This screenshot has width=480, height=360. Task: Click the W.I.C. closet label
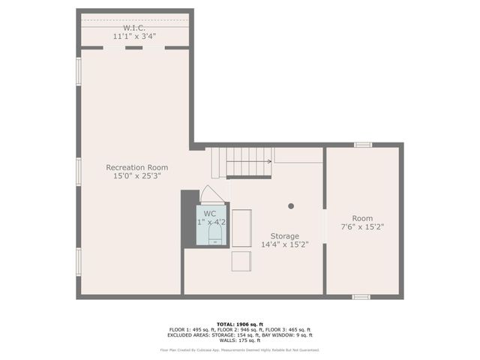(x=135, y=27)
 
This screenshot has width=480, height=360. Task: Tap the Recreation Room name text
(x=136, y=167)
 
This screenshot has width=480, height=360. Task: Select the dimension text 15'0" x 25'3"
(x=136, y=176)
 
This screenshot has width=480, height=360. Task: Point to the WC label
(x=210, y=214)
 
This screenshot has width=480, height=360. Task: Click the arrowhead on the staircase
(x=269, y=160)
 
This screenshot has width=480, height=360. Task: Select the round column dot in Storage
(x=291, y=205)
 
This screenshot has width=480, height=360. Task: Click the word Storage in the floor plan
(x=285, y=235)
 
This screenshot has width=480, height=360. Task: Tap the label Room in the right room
(x=362, y=217)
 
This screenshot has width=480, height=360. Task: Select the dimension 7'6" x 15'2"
(x=362, y=226)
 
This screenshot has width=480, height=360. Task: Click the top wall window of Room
(x=362, y=145)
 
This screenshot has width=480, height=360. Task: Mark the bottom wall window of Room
(x=361, y=297)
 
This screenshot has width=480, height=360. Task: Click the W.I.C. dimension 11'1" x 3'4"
(x=135, y=36)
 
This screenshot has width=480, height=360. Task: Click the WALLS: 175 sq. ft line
(x=239, y=341)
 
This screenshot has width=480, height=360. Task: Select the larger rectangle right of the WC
(x=241, y=235)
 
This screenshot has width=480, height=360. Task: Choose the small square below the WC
(x=241, y=261)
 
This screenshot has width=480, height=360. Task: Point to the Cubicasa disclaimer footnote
(x=239, y=349)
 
